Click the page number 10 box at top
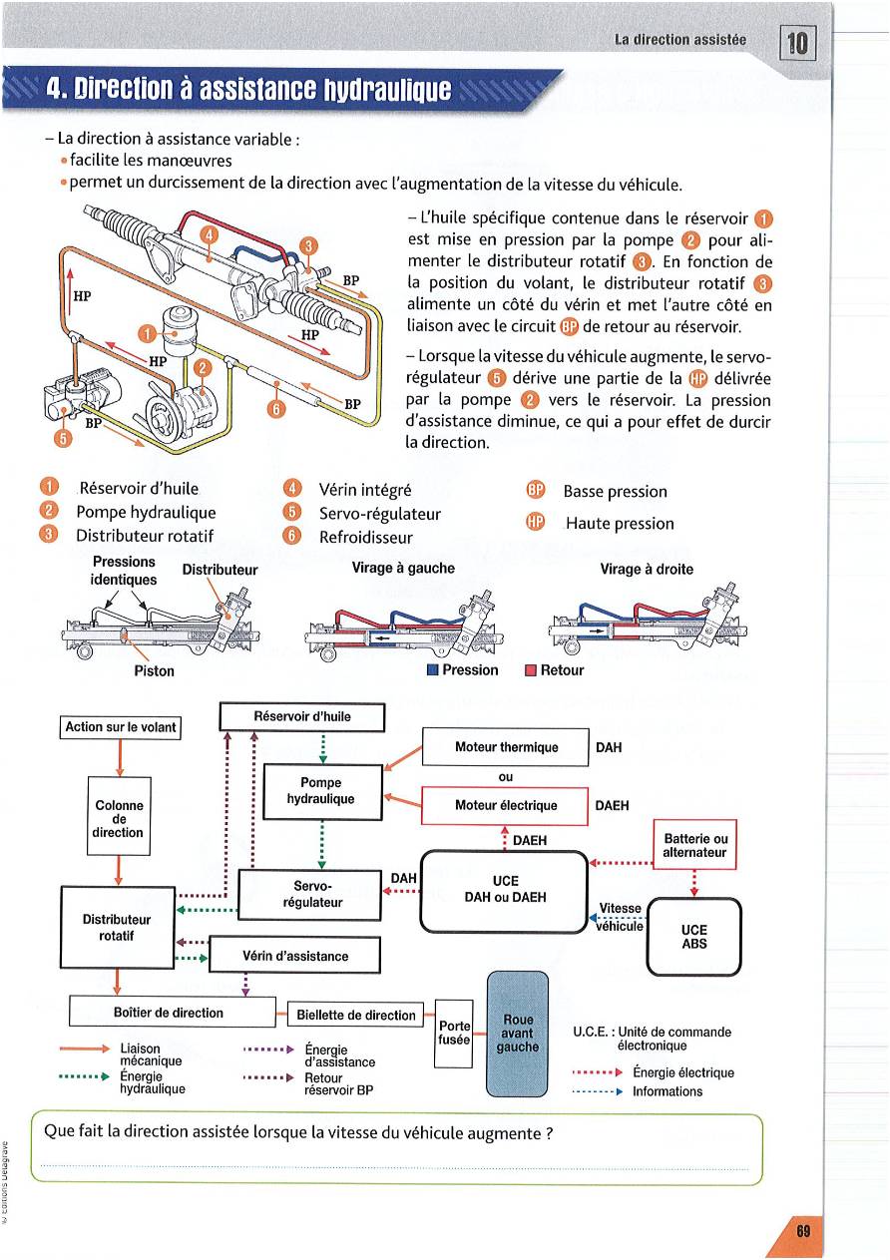798,43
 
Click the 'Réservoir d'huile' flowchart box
302,716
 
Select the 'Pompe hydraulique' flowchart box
321,791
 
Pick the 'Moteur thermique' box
506,747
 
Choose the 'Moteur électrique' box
506,805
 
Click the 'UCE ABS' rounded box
694,936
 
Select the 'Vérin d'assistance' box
295,956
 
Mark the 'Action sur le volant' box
121,727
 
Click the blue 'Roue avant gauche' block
517,1034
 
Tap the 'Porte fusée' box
455,1033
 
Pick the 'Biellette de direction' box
356,1016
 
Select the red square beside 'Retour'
531,670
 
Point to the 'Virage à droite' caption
646,569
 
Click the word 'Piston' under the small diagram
154,670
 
